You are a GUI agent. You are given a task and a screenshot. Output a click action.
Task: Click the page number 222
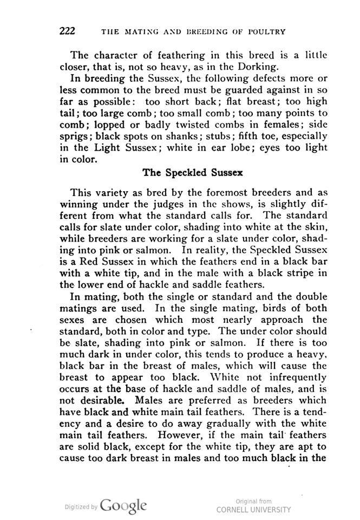67,30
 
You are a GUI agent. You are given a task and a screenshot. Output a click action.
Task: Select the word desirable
102,402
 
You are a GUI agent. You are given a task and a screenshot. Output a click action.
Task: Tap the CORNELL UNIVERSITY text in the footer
253,510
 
